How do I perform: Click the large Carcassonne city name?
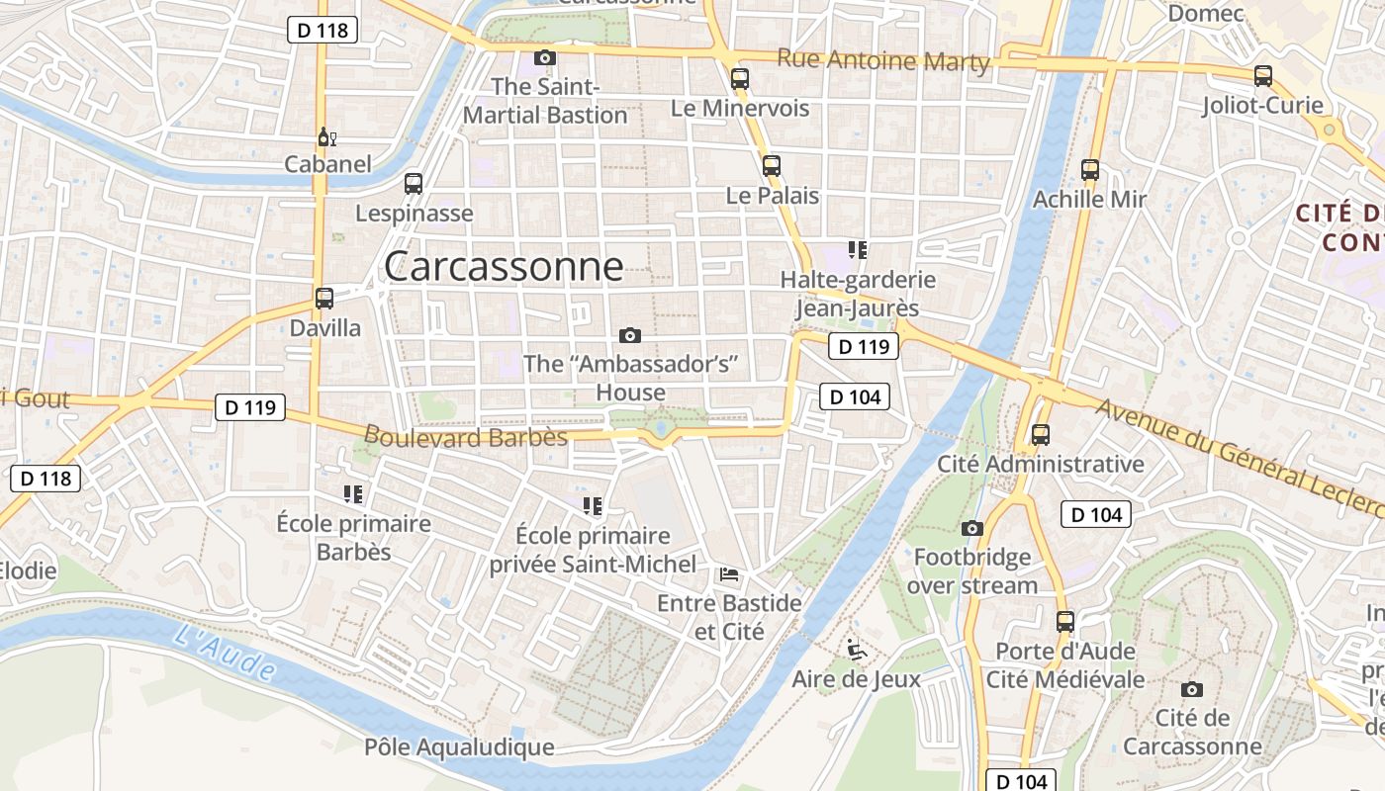(504, 267)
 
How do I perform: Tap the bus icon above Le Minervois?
(739, 79)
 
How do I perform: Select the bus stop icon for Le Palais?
(772, 166)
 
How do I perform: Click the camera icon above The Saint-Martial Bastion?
(545, 58)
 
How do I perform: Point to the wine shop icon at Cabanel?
(325, 136)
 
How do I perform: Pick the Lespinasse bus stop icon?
(414, 184)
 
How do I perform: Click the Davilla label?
(324, 327)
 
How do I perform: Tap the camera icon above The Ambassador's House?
(630, 335)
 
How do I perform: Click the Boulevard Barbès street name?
(465, 436)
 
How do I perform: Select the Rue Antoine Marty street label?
(882, 60)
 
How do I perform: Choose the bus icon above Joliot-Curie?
(1262, 76)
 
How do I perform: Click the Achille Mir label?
(1089, 199)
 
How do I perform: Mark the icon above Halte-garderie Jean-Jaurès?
(858, 250)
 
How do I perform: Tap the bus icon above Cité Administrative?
(1040, 434)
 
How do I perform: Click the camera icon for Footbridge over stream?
(972, 528)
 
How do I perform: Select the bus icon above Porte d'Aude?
(1065, 622)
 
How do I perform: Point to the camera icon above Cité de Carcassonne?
(1192, 689)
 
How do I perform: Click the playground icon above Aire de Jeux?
(856, 650)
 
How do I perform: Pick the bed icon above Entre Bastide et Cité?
(729, 573)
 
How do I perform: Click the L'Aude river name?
(225, 652)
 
